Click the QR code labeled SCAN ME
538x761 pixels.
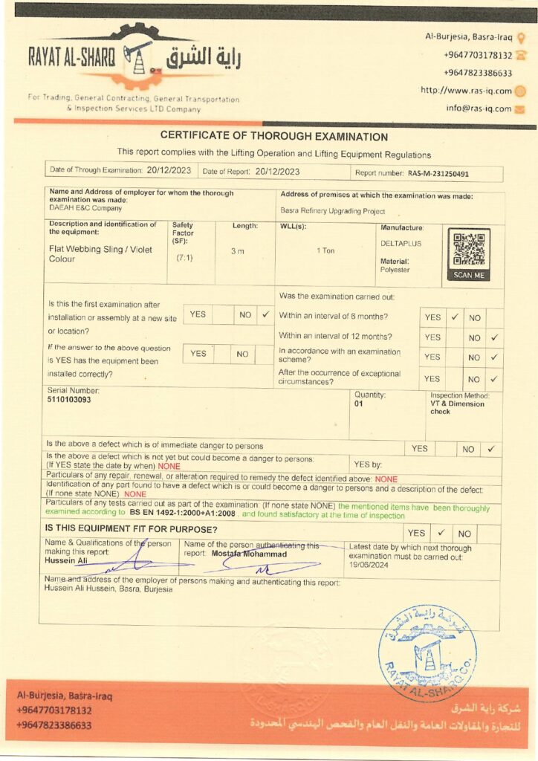pos(469,250)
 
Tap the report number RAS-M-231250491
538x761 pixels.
pos(438,174)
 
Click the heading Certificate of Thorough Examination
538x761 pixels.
pos(274,137)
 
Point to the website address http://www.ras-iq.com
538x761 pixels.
pos(467,91)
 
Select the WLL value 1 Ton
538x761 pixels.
pos(325,250)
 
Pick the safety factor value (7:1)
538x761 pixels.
pos(184,258)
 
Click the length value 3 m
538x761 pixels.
pos(237,251)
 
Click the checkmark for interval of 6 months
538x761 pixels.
pos(455,317)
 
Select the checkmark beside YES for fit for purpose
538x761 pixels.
pos(441,532)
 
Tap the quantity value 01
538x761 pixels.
pos(359,404)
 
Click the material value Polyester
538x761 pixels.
pos(395,270)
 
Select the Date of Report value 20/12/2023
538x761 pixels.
pos(277,171)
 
